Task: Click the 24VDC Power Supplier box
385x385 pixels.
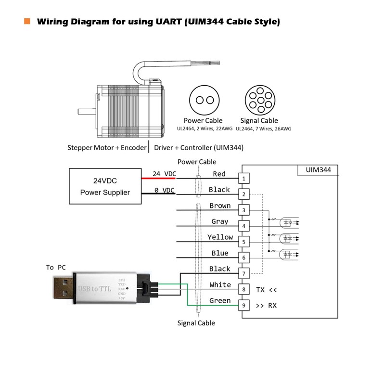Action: pyautogui.click(x=104, y=187)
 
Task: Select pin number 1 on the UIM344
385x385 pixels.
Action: pyautogui.click(x=244, y=179)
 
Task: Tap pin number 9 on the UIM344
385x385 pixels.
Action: pyautogui.click(x=244, y=305)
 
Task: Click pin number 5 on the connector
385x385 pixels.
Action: pyautogui.click(x=244, y=242)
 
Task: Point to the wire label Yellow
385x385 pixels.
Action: pyautogui.click(x=220, y=237)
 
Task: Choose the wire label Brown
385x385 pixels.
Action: pyautogui.click(x=220, y=206)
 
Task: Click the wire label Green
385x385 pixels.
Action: pyautogui.click(x=220, y=301)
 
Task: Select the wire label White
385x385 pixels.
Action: pyautogui.click(x=220, y=285)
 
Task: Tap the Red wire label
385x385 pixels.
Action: pyautogui.click(x=219, y=174)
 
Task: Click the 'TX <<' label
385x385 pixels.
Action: pyautogui.click(x=266, y=290)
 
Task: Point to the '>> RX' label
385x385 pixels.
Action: pyautogui.click(x=266, y=305)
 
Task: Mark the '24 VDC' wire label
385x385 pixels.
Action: pyautogui.click(x=164, y=174)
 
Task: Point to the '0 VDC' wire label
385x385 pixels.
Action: pyautogui.click(x=164, y=190)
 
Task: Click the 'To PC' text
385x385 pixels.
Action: pyautogui.click(x=55, y=267)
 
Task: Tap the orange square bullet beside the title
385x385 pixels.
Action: pyautogui.click(x=27, y=21)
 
